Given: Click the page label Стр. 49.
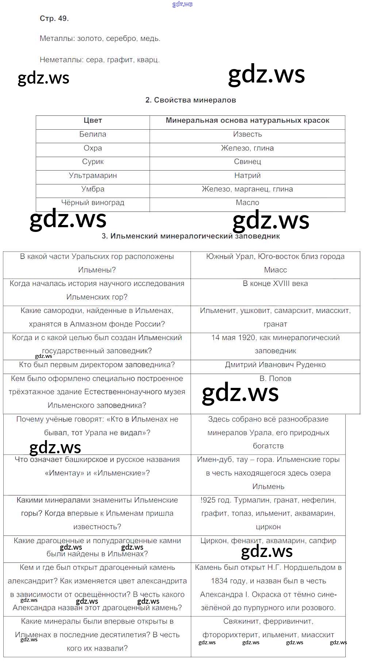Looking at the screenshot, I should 54,18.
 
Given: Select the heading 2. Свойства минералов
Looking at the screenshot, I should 191,100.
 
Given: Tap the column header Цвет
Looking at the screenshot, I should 93,121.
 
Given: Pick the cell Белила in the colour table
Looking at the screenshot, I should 93,134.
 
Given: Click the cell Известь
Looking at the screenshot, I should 247,134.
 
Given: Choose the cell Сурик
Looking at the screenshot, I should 93,162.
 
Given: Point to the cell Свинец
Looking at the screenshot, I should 247,162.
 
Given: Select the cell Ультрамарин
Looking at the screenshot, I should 93,176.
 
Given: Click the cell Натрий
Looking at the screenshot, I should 247,176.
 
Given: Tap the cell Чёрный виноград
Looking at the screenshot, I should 93,203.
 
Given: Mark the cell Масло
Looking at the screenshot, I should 247,203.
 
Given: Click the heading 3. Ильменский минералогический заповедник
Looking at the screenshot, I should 191,236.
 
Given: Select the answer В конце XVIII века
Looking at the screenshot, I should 275,284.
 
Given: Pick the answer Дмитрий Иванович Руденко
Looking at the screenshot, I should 275,365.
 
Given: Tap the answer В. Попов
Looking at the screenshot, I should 275,379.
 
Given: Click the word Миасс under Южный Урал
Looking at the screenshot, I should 275,270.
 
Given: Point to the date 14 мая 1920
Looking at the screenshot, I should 233,338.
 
